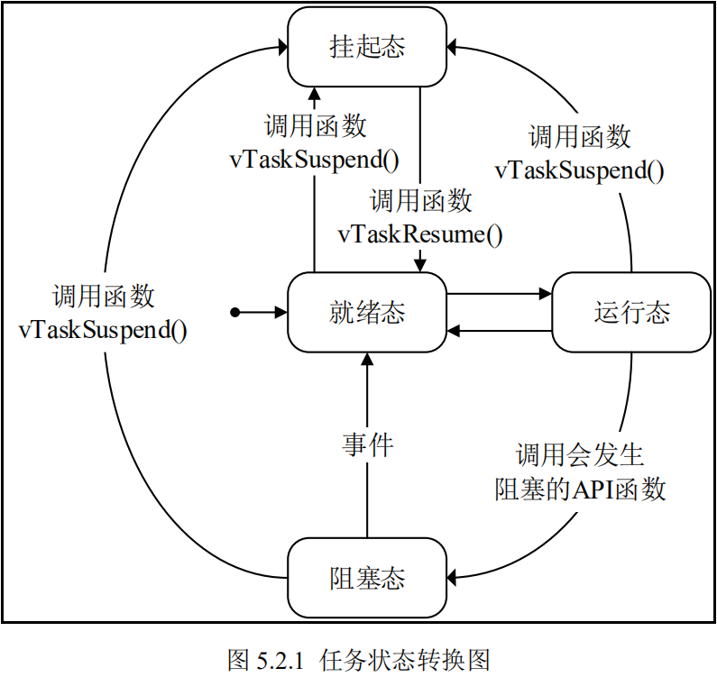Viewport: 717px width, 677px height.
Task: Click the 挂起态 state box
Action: [367, 48]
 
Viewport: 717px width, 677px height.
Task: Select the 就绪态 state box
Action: [367, 313]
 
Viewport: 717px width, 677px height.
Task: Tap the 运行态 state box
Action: [631, 313]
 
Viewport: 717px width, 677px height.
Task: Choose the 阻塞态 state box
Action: [367, 577]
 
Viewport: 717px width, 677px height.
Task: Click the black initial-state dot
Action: [234, 313]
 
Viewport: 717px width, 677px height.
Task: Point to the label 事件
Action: [368, 444]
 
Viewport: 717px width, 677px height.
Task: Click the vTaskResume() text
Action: [420, 234]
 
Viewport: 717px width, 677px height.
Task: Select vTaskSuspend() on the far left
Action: [103, 329]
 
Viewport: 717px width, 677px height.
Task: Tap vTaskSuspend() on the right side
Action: [580, 170]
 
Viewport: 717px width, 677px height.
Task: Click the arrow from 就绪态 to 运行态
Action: [499, 294]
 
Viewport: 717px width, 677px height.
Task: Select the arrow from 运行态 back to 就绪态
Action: [499, 331]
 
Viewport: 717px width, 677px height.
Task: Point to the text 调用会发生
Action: [580, 454]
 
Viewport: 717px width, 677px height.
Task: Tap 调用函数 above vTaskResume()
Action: [420, 199]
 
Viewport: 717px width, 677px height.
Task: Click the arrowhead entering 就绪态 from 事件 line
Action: [367, 359]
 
